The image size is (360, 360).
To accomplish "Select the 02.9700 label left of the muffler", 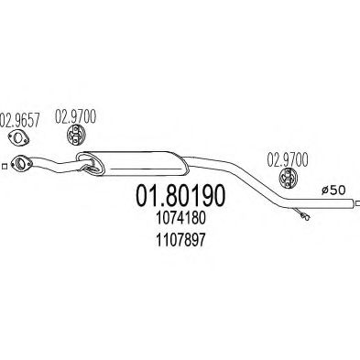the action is coord(77,117).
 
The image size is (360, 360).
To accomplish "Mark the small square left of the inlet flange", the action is coord(5,167).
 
